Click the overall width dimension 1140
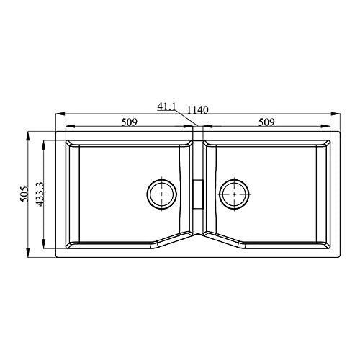pyautogui.click(x=197, y=109)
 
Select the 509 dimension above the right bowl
pyautogui.click(x=267, y=122)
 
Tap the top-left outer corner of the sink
pyautogui.click(x=56, y=131)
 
